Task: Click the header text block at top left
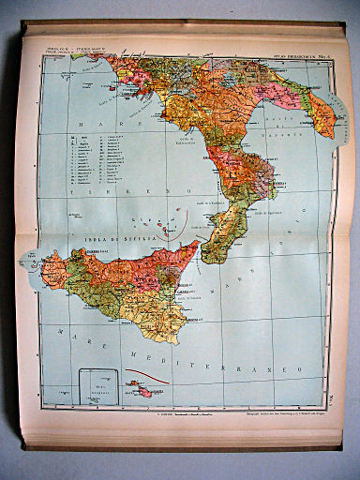coord(75,48)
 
